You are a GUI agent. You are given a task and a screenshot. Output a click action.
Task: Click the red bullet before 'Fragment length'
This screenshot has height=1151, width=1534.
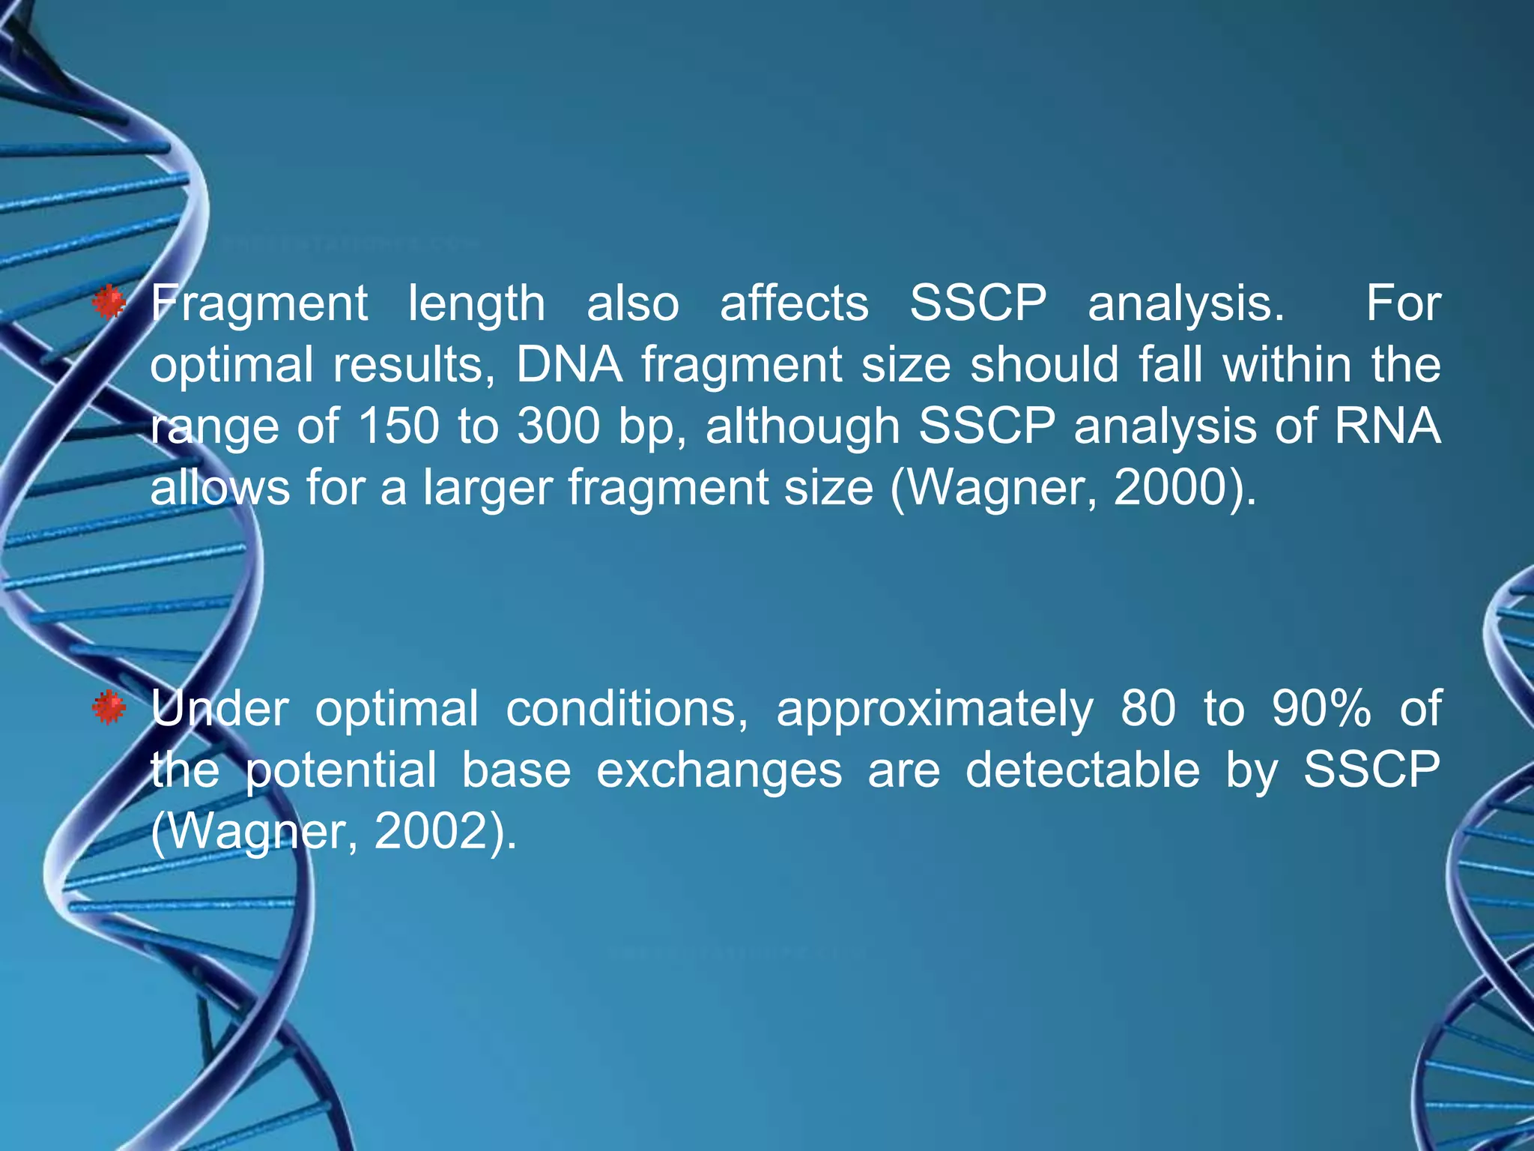(x=109, y=303)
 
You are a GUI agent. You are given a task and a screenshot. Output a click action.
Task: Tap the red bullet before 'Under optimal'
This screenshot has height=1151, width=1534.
(x=109, y=708)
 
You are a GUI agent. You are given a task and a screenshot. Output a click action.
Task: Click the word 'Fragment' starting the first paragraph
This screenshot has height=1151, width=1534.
(x=258, y=305)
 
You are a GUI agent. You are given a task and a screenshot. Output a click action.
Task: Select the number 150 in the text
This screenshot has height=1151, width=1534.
(x=398, y=426)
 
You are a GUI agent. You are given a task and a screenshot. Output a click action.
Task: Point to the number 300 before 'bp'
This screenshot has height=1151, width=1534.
(x=558, y=426)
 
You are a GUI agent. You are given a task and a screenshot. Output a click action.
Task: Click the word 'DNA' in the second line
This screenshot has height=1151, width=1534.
(x=569, y=365)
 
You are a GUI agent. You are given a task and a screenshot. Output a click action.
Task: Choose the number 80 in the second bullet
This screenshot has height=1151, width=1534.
(x=1148, y=708)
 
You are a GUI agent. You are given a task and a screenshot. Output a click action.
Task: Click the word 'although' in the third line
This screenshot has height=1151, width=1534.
(x=802, y=426)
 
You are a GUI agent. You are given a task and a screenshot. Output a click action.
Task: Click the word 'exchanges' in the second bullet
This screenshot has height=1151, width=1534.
(x=719, y=771)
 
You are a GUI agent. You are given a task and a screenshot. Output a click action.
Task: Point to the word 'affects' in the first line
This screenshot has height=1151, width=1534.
(x=794, y=303)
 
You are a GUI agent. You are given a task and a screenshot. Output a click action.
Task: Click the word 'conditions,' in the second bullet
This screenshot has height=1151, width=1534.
(x=627, y=708)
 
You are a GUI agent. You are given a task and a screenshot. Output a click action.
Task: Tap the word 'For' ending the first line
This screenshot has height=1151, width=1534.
(x=1403, y=303)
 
